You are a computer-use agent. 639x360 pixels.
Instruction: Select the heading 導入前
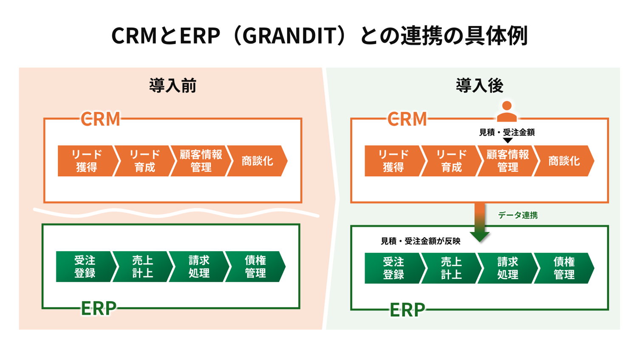click(172, 85)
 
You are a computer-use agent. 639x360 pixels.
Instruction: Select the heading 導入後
click(479, 85)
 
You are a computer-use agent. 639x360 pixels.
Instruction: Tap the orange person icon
click(506, 111)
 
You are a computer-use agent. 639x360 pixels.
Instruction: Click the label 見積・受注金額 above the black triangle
click(506, 132)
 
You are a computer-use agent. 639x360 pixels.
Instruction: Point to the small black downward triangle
click(507, 140)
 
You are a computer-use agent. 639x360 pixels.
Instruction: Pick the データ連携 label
click(517, 215)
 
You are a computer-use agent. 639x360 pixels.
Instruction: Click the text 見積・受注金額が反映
click(420, 241)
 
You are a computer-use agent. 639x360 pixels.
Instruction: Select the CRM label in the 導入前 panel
click(100, 119)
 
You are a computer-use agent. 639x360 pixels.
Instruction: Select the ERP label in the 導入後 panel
click(407, 310)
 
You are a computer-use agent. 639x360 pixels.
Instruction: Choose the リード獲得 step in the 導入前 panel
click(87, 161)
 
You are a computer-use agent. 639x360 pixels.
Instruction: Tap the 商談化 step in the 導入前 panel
click(257, 161)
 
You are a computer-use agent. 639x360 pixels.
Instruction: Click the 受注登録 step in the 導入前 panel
click(85, 266)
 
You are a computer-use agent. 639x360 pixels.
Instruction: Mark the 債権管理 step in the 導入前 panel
click(255, 266)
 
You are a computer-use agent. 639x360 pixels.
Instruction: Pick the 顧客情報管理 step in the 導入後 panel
click(507, 161)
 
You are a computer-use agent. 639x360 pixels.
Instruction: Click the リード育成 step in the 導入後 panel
click(451, 161)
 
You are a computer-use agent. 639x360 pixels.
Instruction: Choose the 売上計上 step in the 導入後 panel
click(451, 268)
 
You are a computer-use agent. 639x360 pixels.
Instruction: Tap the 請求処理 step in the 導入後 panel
click(507, 268)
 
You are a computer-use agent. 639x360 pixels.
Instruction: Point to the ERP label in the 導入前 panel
click(99, 309)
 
